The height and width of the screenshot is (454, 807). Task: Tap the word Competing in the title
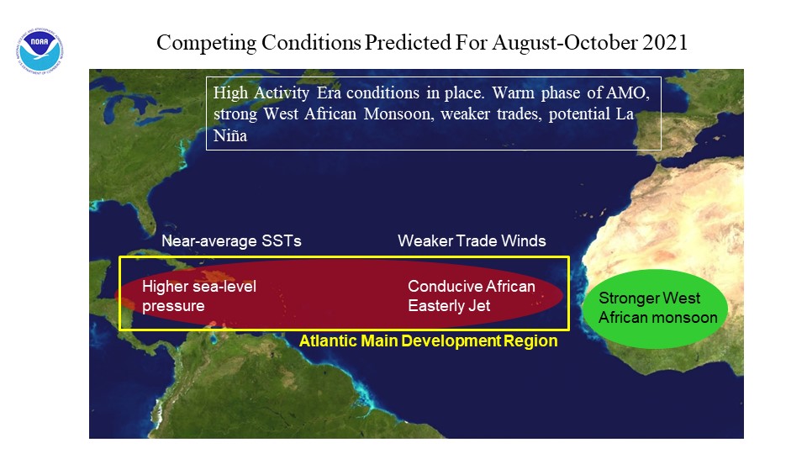coord(207,43)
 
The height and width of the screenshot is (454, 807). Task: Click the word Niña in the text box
coord(230,136)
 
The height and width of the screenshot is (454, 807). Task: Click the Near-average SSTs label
coord(232,241)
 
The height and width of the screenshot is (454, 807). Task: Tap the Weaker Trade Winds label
coord(472,241)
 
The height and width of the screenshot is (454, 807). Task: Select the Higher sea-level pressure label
coord(199,296)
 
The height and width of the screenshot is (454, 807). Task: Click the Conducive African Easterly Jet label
coord(472,296)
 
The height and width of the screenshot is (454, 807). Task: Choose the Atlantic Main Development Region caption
coord(428,340)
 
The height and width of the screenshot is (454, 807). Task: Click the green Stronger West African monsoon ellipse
coord(655,309)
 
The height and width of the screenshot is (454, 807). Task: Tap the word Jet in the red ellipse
coord(479,306)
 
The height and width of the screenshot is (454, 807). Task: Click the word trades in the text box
coord(519,114)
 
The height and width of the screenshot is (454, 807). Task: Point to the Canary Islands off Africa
coord(593,212)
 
